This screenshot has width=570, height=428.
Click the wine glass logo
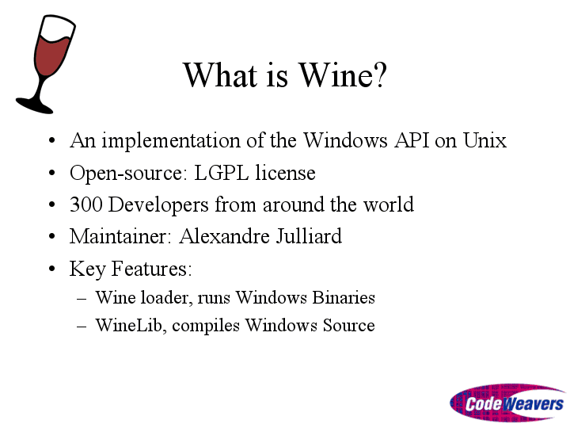(45, 64)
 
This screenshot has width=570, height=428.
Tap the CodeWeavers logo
(507, 403)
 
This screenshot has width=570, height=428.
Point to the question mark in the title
(379, 75)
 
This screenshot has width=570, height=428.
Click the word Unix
(484, 140)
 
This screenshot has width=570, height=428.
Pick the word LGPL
(222, 173)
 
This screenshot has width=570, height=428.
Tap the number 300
(86, 204)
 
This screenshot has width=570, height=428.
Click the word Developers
(158, 205)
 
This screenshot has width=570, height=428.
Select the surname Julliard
(309, 236)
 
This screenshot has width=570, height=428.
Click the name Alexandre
(224, 236)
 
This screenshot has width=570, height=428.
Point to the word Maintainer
(119, 236)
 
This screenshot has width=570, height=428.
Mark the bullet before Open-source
(52, 173)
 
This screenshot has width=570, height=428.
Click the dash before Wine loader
(82, 299)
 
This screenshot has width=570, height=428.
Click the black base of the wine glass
(35, 105)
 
